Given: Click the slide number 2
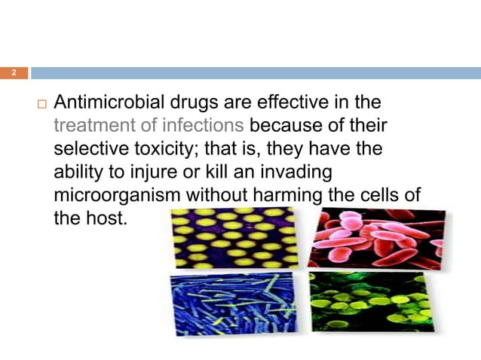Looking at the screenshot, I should [x=13, y=73].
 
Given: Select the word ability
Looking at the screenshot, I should [x=79, y=172].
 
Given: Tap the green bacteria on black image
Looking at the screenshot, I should [x=373, y=303].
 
